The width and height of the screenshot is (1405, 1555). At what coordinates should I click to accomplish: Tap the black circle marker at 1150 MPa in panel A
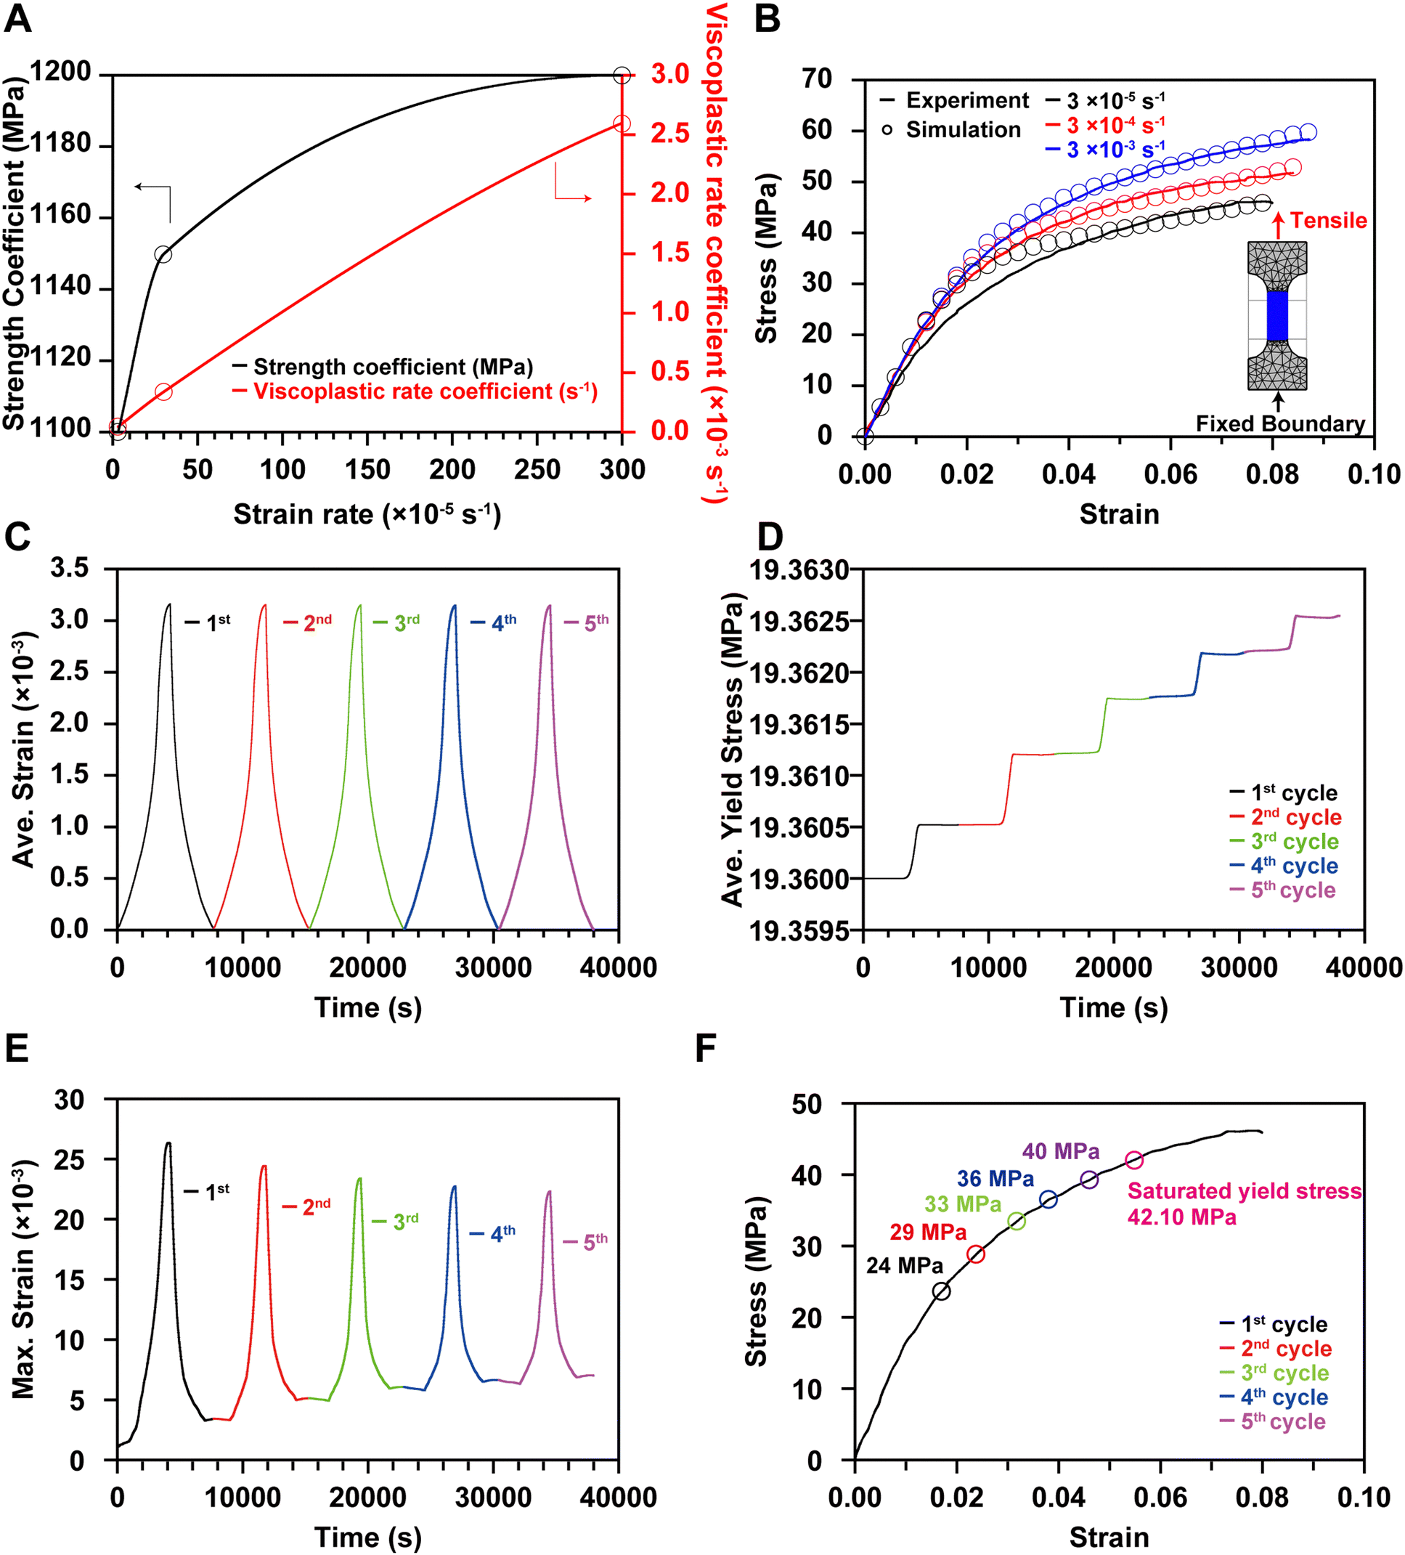click(x=163, y=254)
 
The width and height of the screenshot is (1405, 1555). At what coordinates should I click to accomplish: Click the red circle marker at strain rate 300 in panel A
click(x=622, y=124)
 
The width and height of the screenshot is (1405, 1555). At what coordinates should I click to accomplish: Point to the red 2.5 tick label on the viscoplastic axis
click(x=669, y=134)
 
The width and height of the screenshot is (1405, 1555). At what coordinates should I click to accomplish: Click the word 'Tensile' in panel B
click(x=1328, y=221)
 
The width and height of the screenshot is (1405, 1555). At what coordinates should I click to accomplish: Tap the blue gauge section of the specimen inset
click(x=1277, y=314)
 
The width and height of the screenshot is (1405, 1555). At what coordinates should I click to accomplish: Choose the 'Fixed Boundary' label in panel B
click(x=1280, y=423)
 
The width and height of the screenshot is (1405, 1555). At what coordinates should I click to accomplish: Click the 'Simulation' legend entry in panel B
click(x=962, y=129)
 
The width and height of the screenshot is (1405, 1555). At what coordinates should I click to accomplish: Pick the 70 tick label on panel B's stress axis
click(x=817, y=78)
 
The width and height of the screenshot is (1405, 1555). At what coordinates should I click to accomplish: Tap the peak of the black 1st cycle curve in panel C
click(x=169, y=604)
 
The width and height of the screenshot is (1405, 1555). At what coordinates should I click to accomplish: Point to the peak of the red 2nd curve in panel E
click(x=264, y=1166)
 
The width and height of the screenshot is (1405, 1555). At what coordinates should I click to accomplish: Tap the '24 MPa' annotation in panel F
click(x=904, y=1266)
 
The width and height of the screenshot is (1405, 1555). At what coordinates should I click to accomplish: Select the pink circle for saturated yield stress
click(x=1133, y=1160)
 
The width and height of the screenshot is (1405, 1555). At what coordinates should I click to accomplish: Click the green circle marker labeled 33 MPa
click(x=1017, y=1221)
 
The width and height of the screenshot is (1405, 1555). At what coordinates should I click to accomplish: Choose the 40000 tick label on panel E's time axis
click(x=618, y=1497)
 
